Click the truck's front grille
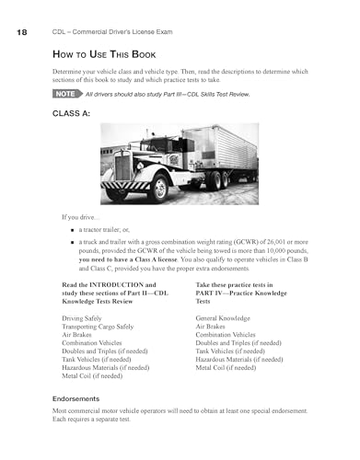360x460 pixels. [123, 168]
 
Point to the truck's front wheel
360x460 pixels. [159, 188]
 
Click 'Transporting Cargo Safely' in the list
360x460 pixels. [104, 327]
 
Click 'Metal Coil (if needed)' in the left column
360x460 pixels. [92, 375]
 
